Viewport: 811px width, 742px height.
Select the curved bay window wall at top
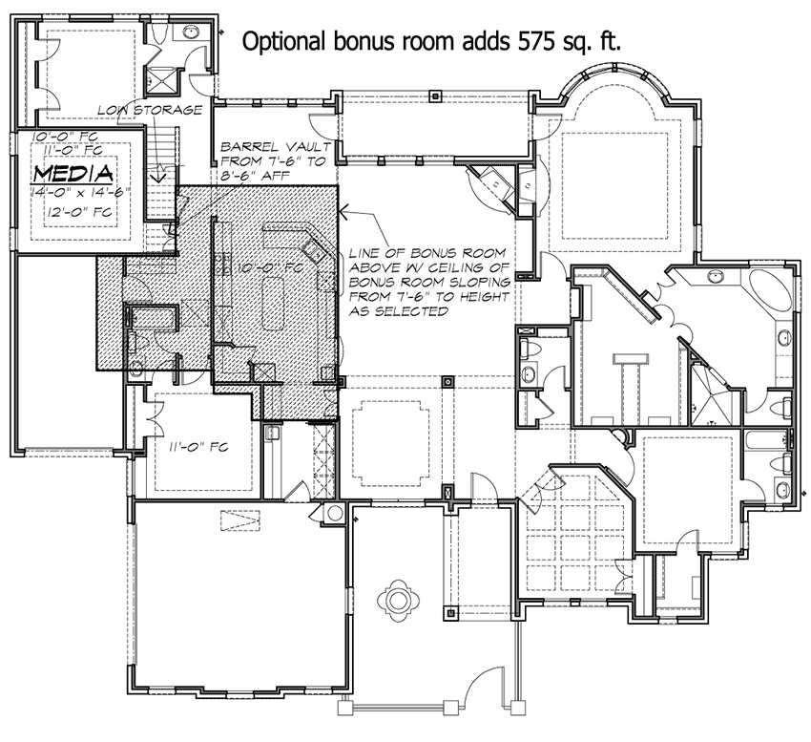coord(612,79)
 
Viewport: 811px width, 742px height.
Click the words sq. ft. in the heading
coord(595,41)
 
